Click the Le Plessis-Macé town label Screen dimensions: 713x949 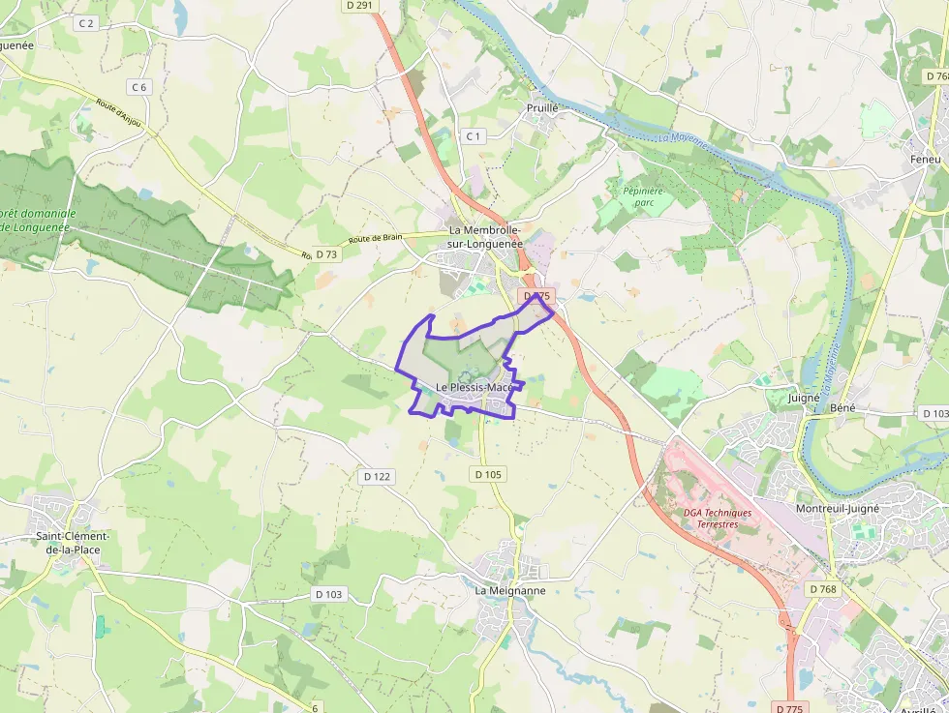click(474, 387)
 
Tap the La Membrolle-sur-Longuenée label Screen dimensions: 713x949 click(485, 237)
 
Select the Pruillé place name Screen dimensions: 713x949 click(542, 108)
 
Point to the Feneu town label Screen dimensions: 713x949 click(925, 159)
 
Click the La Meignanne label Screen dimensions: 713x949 click(509, 590)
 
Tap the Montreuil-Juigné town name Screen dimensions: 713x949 click(837, 508)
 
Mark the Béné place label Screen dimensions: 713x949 click(842, 408)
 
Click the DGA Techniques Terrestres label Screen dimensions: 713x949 click(717, 519)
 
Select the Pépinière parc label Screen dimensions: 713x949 click(640, 197)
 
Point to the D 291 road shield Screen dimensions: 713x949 click(359, 5)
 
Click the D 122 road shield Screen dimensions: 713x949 click(378, 476)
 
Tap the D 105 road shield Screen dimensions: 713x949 click(489, 474)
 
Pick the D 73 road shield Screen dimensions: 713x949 click(327, 254)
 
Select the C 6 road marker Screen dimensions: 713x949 click(139, 87)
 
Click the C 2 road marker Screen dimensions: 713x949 click(87, 22)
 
